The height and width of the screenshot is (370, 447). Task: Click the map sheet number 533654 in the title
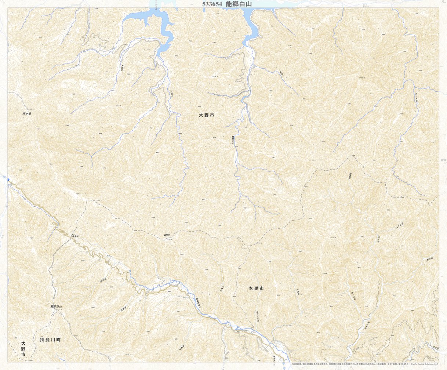pos(212,4)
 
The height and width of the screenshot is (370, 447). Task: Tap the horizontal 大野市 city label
pos(206,115)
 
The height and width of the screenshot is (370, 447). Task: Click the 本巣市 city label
pos(256,289)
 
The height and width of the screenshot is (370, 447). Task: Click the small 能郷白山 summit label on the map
pos(57,306)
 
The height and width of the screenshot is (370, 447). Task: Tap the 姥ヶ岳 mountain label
pos(27,114)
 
